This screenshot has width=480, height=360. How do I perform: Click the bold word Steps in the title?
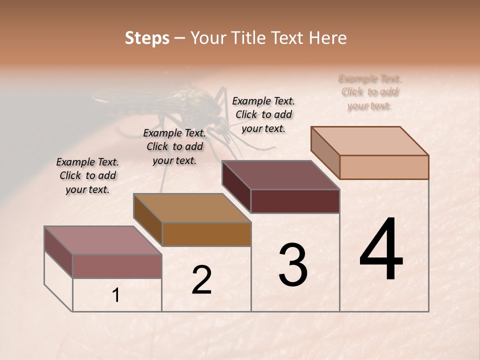coord(147,38)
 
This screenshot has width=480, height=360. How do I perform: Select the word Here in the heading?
coord(328,38)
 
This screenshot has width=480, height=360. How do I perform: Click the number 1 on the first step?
coord(116,295)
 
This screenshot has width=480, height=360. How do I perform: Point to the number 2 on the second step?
coord(201,280)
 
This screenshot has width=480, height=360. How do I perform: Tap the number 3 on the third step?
coord(293,265)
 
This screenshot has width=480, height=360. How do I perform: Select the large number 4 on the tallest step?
coord(381,249)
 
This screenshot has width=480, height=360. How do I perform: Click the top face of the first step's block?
coord(103,240)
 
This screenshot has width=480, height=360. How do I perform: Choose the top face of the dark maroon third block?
coord(281,175)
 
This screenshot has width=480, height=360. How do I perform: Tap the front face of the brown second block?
coord(206,234)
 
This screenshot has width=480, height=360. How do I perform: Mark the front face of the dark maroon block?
coord(295,201)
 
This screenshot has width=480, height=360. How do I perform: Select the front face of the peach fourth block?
coord(384,167)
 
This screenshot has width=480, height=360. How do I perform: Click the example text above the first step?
coord(87,176)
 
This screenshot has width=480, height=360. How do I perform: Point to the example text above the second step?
coord(174,146)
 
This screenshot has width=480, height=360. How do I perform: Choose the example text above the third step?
coord(263,114)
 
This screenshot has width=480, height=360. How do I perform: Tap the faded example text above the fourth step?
coord(370,92)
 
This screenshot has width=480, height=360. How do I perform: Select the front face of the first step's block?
coord(117,266)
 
